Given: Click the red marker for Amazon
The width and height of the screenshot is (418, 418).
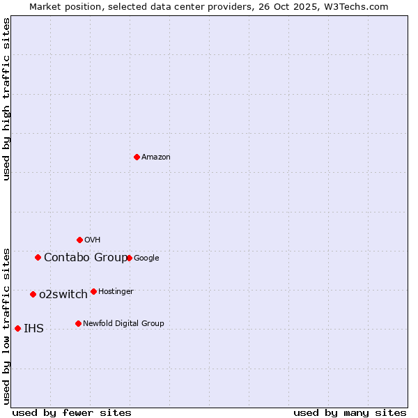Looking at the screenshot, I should pos(137,157).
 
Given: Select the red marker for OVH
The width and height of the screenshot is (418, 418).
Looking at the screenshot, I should pos(79,240).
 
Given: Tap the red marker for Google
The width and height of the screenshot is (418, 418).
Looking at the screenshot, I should pos(129,258).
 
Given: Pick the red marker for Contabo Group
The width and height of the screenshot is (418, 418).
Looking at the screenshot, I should pos(38,257).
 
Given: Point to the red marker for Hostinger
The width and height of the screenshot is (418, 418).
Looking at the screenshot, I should pos(93,291).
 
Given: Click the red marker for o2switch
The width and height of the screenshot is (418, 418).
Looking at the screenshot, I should pos(33,294).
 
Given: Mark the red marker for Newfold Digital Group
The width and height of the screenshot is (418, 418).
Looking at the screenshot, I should pos(78,323).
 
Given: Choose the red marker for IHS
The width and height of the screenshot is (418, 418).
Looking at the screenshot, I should pos(17,328).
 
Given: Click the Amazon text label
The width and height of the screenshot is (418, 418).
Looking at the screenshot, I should pos(156,157).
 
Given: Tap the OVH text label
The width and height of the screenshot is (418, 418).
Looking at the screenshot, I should pos(93,240).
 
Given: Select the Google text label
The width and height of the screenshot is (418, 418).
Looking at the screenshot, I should pos(146,258).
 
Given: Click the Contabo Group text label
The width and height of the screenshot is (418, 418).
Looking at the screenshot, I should pos(86,258).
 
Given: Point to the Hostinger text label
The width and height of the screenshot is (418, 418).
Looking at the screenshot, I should pos(116,291).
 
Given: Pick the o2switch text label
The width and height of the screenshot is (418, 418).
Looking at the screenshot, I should pos(63,295).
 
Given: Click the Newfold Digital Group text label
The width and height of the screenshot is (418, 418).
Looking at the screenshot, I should pos(123,323).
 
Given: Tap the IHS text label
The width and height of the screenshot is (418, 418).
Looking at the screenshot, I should pos(33,329).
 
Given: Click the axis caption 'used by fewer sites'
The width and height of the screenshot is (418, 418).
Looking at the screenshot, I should pos(72,412).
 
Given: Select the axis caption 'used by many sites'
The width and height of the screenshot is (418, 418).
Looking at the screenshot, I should pos(350,412).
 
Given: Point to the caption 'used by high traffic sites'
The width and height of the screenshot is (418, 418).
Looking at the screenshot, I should pos(6,99).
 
